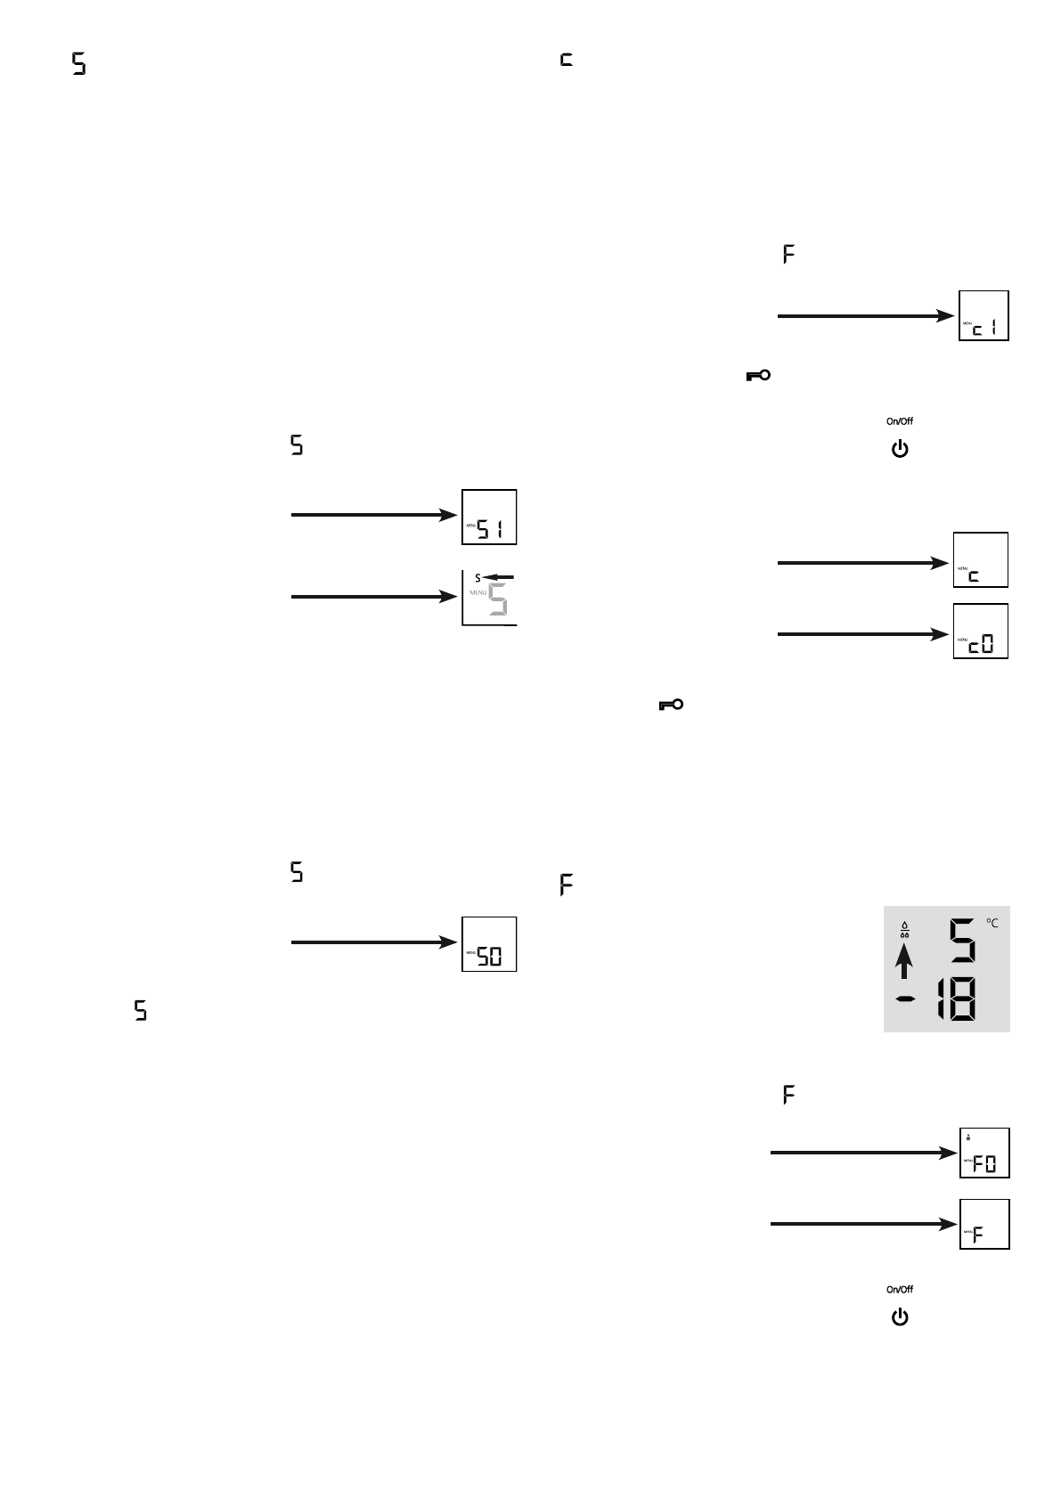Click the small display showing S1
489,518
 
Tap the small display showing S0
489,944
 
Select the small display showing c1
983,315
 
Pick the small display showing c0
981,632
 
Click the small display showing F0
984,1153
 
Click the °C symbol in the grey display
992,924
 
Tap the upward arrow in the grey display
905,963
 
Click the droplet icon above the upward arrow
904,929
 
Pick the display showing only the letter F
984,1225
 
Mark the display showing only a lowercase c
981,560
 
